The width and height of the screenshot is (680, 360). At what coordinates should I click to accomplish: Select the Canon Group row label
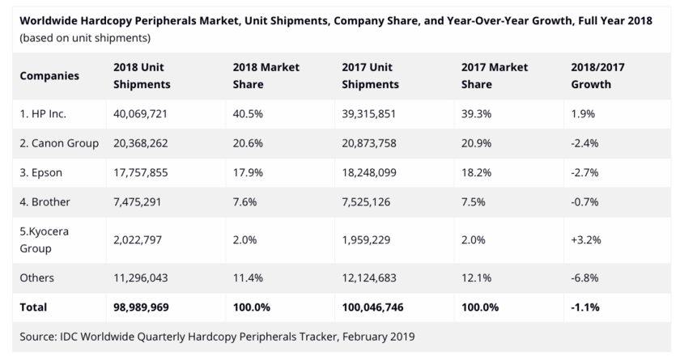[59, 143]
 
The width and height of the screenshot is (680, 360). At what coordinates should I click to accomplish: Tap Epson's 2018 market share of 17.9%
[246, 172]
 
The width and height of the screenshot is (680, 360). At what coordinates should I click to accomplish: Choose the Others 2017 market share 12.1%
[474, 277]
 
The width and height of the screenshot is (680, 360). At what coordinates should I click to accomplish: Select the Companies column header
[49, 76]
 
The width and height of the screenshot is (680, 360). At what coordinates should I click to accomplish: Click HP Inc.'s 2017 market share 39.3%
[475, 113]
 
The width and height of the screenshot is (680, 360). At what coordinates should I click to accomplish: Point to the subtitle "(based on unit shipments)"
[84, 38]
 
